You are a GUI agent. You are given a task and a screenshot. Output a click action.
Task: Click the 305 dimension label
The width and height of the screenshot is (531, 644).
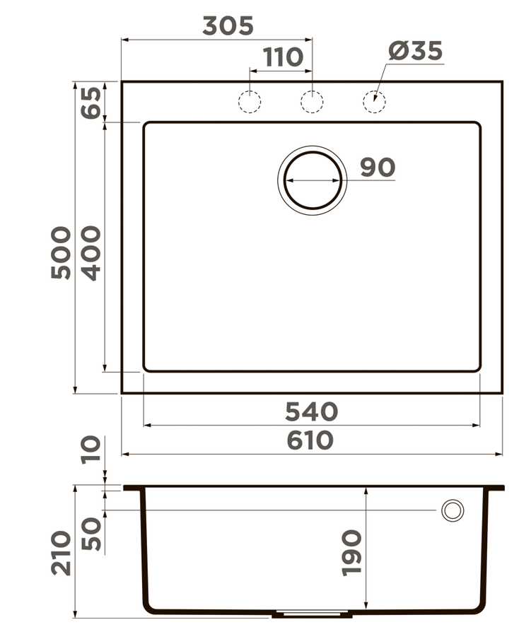tap(228, 26)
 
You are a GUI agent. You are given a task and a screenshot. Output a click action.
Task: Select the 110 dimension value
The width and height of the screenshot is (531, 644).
tap(284, 57)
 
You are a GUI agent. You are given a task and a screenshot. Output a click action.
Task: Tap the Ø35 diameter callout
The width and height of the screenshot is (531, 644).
tap(415, 51)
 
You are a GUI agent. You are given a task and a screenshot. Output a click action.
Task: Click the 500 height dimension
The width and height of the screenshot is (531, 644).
tap(62, 252)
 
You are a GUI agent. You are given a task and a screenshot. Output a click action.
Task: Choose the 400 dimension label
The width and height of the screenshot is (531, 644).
tap(91, 253)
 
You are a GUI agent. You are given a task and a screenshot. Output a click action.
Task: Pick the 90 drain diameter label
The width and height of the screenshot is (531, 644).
tap(378, 168)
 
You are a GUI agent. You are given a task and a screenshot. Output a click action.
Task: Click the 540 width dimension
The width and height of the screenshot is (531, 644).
tap(311, 411)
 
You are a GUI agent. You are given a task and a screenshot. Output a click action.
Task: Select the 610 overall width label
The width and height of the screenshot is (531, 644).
tap(310, 440)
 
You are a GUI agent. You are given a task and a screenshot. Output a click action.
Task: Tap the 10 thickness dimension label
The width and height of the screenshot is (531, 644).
tap(91, 450)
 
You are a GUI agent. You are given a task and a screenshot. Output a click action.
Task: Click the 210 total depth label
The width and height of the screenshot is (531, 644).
tap(62, 552)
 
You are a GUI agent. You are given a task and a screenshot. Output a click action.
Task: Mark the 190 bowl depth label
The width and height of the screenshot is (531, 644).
tap(351, 552)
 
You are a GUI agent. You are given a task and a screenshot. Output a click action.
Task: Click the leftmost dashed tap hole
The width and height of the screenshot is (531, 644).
tap(250, 103)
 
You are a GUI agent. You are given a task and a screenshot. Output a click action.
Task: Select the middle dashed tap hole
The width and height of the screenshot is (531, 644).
tap(312, 103)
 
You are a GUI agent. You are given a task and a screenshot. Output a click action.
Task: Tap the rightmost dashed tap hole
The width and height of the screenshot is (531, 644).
tap(374, 103)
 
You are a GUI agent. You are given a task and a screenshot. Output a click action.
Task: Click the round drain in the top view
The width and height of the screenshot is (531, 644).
tap(313, 180)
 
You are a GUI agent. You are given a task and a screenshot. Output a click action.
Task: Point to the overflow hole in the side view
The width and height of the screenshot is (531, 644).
tap(452, 510)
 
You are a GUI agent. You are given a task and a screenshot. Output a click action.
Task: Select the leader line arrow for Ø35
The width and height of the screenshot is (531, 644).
tap(377, 95)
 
